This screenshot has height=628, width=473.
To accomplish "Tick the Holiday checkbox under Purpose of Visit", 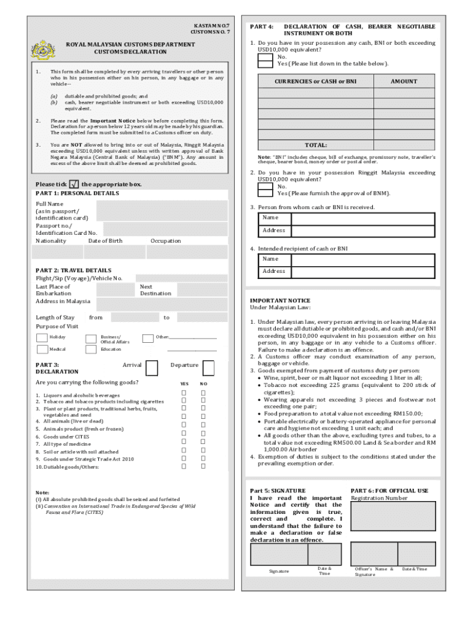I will (x=42, y=337).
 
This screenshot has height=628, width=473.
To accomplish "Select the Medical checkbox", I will (x=42, y=349).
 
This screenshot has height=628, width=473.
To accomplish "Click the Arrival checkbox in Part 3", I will (x=150, y=367).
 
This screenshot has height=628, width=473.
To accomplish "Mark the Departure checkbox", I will (x=209, y=367).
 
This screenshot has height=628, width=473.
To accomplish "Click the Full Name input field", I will (x=162, y=210).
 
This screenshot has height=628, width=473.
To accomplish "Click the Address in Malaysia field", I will (x=162, y=304).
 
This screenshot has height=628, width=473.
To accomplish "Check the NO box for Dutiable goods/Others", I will (x=203, y=466).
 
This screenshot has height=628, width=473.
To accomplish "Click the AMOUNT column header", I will (x=404, y=82).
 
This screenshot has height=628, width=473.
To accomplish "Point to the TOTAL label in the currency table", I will (x=316, y=145).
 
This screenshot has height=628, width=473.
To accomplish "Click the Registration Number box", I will (x=393, y=516).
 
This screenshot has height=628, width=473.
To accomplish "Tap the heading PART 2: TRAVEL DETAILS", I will (x=74, y=270).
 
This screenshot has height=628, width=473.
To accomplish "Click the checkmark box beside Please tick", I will (x=74, y=184).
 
